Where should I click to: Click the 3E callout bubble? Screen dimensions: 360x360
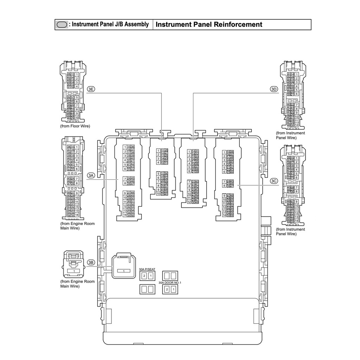[x=91, y=89]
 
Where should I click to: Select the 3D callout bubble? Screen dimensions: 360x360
[x=274, y=89]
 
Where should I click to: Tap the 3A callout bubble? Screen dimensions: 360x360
[x=91, y=175]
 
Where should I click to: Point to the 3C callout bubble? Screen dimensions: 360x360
[x=274, y=181]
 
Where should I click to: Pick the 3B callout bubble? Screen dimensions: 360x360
[x=91, y=262]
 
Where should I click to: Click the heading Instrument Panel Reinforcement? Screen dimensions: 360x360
[x=209, y=25]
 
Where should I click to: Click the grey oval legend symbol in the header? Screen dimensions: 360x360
[x=62, y=25]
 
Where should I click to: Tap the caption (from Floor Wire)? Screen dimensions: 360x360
[x=75, y=126]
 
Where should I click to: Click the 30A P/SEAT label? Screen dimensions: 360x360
[x=147, y=269]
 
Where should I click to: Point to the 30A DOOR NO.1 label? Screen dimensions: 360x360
[x=169, y=282]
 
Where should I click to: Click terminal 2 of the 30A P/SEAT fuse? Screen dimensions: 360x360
[x=144, y=276]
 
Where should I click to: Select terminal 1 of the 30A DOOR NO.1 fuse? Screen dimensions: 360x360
[x=173, y=289]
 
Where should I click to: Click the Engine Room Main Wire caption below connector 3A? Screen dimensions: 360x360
[x=77, y=226]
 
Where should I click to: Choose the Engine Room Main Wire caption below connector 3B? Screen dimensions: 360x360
[x=77, y=284]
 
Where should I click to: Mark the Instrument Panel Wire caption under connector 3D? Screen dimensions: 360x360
[x=290, y=135]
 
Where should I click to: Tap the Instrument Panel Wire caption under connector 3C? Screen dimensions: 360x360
[x=290, y=232]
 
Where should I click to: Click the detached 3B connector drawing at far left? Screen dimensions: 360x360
[x=73, y=264]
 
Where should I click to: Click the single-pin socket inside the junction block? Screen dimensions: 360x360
[x=123, y=265]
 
